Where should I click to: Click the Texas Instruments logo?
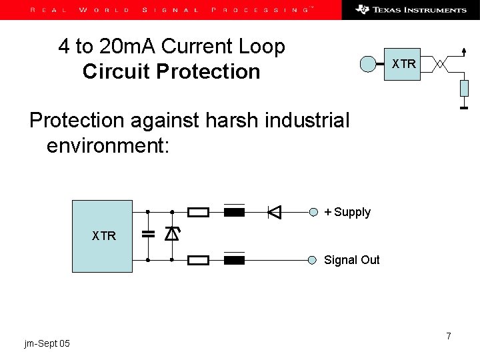pyautogui.click(x=411, y=9)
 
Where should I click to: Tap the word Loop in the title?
pyautogui.click(x=261, y=47)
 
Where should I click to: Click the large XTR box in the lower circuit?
pyautogui.click(x=103, y=235)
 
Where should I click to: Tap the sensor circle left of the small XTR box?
pyautogui.click(x=369, y=64)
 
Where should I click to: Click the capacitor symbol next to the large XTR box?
pyautogui.click(x=148, y=235)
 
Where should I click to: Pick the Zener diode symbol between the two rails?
pyautogui.click(x=171, y=234)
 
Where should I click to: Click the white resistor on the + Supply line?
pyautogui.click(x=199, y=213)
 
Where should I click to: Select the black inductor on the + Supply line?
pyautogui.click(x=234, y=213)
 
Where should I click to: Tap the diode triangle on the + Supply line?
pyautogui.click(x=274, y=213)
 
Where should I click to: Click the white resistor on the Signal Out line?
pyautogui.click(x=199, y=259)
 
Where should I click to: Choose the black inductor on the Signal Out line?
pyautogui.click(x=234, y=259)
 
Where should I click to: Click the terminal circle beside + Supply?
pyautogui.click(x=314, y=213)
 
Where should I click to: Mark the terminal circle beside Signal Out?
pyautogui.click(x=314, y=259)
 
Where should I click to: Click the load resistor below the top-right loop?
pyautogui.click(x=465, y=88)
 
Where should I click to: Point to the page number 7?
pyautogui.click(x=449, y=336)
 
